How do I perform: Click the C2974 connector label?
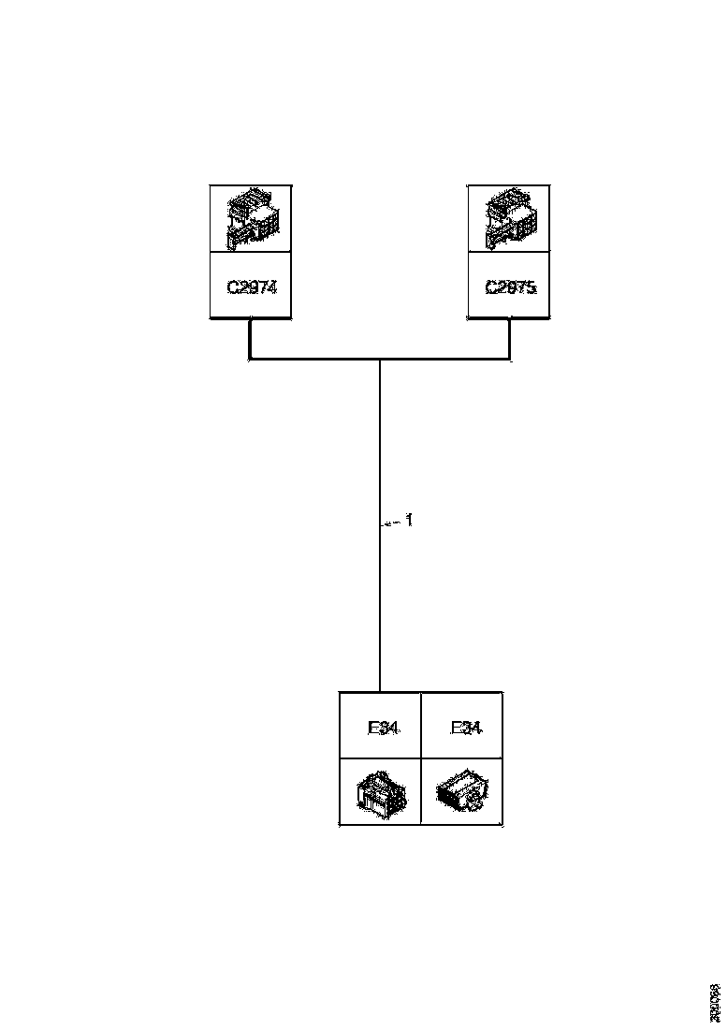(x=252, y=287)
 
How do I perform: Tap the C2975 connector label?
(x=510, y=287)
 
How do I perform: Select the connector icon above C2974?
(x=252, y=219)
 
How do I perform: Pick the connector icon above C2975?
(x=510, y=219)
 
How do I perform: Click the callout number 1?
(x=408, y=521)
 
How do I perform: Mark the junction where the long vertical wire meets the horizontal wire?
(x=379, y=359)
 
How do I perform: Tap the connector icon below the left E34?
(x=380, y=794)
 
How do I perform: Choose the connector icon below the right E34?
(x=462, y=794)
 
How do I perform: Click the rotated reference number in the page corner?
(x=715, y=1000)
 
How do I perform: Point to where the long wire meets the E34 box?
(x=379, y=692)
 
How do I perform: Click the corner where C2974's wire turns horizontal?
(x=250, y=358)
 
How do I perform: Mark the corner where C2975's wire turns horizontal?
(x=510, y=358)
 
